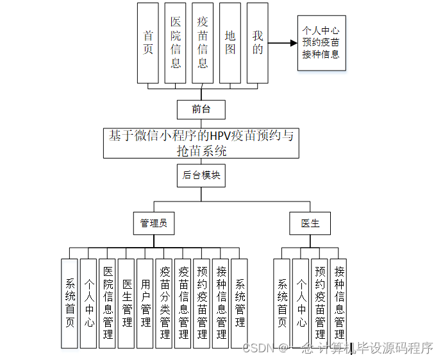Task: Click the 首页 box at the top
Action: pos(148,43)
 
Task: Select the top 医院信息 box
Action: pos(175,43)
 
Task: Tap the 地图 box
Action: pos(230,43)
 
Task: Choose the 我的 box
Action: pos(258,43)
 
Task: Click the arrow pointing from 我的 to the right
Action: pos(283,44)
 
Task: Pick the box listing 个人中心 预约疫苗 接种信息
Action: pos(321,42)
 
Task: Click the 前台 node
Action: pos(201,109)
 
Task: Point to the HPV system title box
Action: pos(201,143)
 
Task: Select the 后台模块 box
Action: pos(201,175)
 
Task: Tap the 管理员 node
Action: pos(154,223)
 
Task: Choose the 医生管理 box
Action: pos(127,303)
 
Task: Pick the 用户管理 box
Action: pos(146,303)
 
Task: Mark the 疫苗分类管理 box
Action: pos(165,303)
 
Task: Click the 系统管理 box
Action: pos(240,303)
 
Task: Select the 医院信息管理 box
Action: pos(108,303)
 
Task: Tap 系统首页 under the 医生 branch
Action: pos(282,303)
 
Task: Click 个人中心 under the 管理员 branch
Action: pos(88,303)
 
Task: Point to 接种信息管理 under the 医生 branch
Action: pos(339,303)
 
